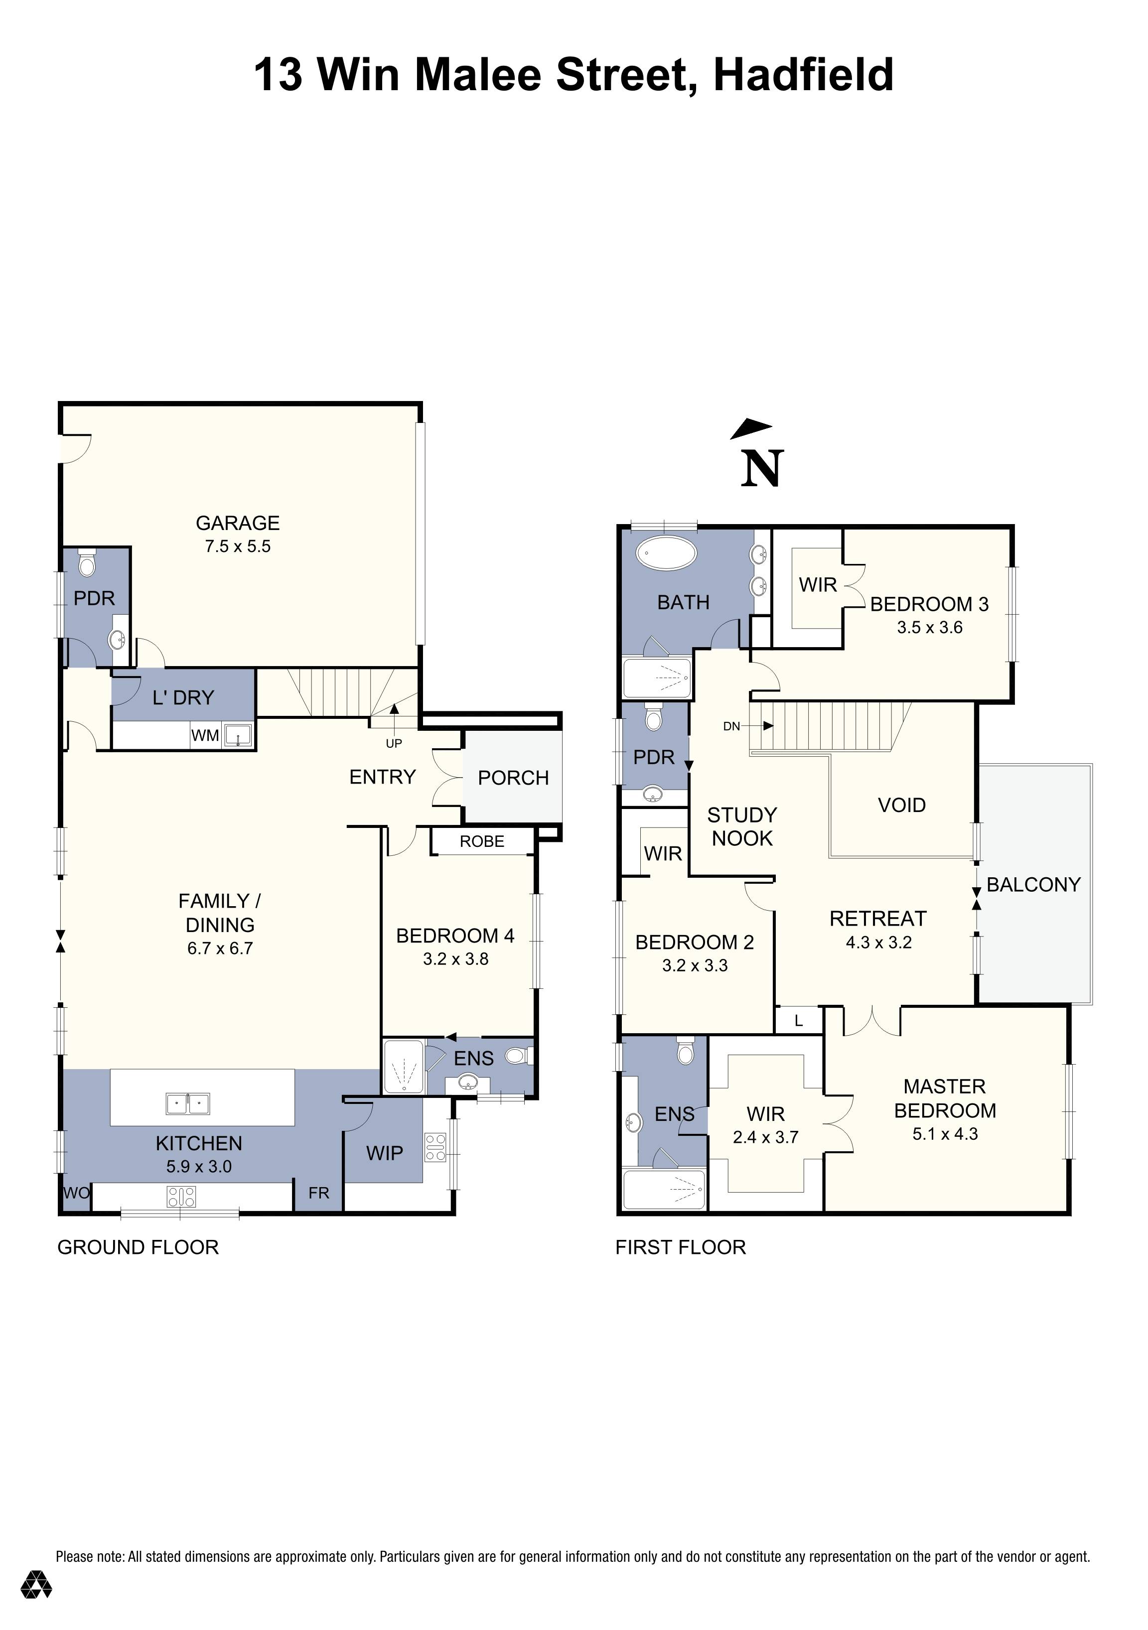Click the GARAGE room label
237,523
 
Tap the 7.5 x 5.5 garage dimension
237,546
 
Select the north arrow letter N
762,469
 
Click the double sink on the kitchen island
188,1104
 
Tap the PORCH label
513,778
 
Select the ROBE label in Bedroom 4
481,842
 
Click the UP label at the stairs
393,743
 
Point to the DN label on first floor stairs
731,726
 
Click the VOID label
902,805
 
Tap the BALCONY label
1033,885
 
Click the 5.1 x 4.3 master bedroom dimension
944,1134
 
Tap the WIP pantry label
384,1153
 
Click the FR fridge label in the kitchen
319,1194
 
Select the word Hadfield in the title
803,75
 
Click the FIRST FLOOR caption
680,1247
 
